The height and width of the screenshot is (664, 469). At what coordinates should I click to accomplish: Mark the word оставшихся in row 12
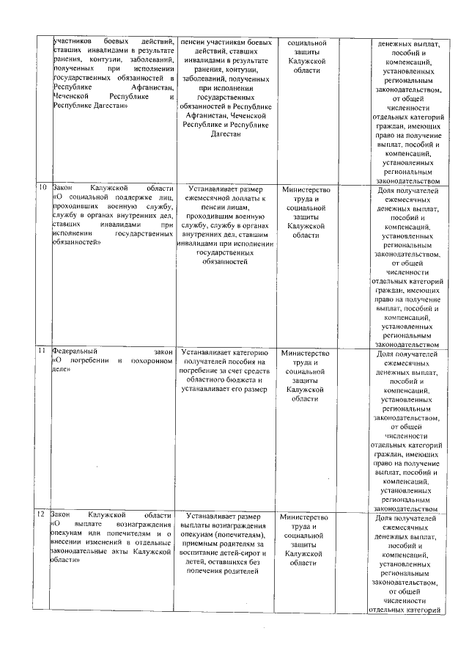(x=233, y=562)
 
